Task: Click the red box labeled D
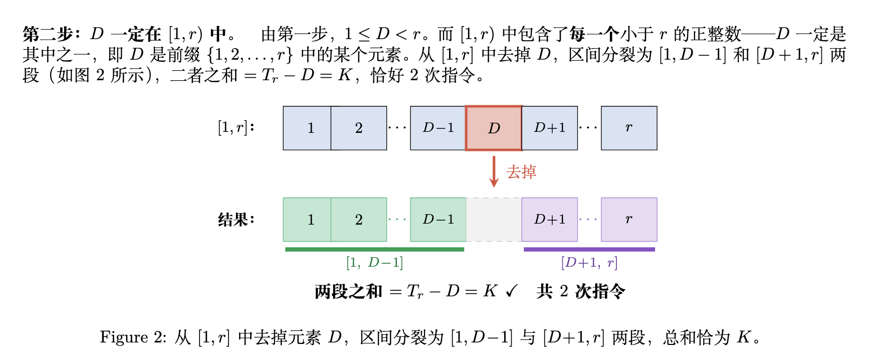click(x=494, y=128)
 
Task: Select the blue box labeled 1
click(x=307, y=128)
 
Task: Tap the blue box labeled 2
click(x=359, y=128)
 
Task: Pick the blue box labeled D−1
click(x=438, y=128)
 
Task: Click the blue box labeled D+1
click(x=550, y=128)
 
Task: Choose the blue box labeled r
click(x=629, y=128)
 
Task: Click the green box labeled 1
click(x=307, y=220)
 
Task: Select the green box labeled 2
click(x=359, y=220)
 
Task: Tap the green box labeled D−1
click(x=438, y=220)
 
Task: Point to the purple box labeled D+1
click(x=550, y=220)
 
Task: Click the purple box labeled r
click(x=629, y=220)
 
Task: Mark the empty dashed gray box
click(x=494, y=220)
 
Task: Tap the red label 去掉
click(x=521, y=172)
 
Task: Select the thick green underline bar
click(x=374, y=249)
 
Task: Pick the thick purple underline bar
click(x=589, y=249)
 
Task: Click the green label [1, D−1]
click(x=374, y=262)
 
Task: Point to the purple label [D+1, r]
click(x=589, y=262)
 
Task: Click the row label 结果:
click(x=236, y=220)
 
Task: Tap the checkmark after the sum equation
click(x=512, y=291)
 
